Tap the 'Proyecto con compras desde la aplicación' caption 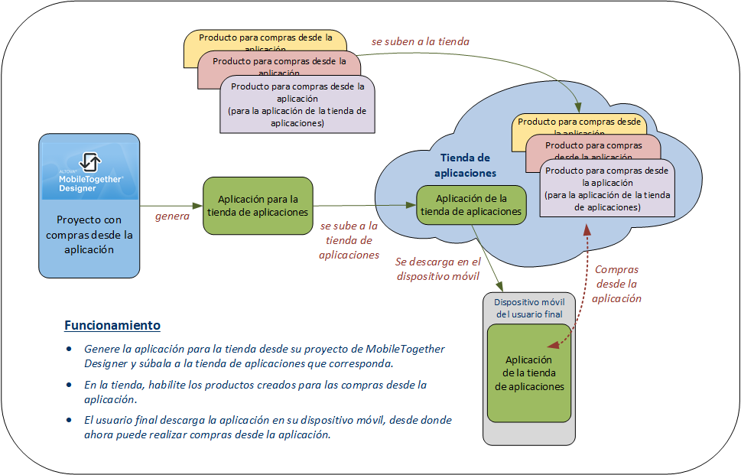point(89,234)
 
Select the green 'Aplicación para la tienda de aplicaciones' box point(258,205)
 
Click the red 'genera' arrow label point(172,216)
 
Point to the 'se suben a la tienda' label point(421,41)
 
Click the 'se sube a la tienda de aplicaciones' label point(349,240)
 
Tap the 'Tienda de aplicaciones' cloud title point(465,165)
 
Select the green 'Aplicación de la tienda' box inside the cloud point(471,205)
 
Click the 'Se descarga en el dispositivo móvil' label point(437,268)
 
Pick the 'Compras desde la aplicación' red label point(616,284)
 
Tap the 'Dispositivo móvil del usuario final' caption point(529,308)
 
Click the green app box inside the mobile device point(529,373)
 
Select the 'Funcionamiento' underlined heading point(112,325)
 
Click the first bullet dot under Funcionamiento point(69,350)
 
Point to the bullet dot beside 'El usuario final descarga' point(69,421)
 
